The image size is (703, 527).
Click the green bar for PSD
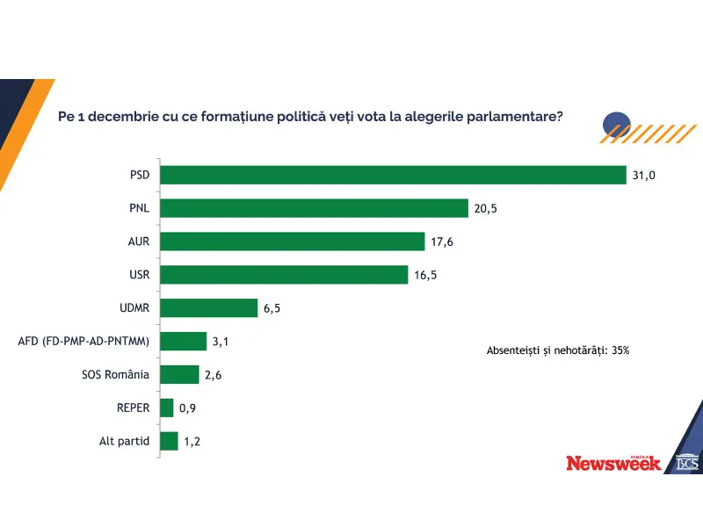(x=393, y=175)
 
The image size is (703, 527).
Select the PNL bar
(x=314, y=208)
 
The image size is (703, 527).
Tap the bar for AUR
(x=294, y=242)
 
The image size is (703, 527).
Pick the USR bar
(x=285, y=275)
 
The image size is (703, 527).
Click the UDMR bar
(x=208, y=308)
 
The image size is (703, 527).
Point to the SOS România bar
(x=180, y=374)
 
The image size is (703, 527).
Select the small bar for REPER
(x=167, y=408)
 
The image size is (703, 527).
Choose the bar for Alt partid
(x=170, y=441)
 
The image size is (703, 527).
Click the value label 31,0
(x=643, y=176)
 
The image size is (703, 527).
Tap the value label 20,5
(x=486, y=209)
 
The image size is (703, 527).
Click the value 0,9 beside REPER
(x=187, y=408)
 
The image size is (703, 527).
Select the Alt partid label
(x=125, y=441)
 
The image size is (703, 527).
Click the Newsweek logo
(x=613, y=463)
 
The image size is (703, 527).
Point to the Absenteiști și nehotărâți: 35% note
(x=558, y=350)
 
